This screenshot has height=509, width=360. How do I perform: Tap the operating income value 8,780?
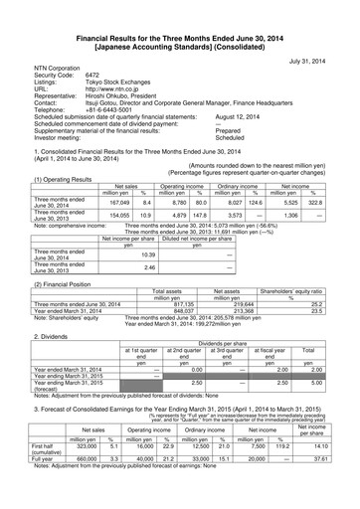coord(195,174)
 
